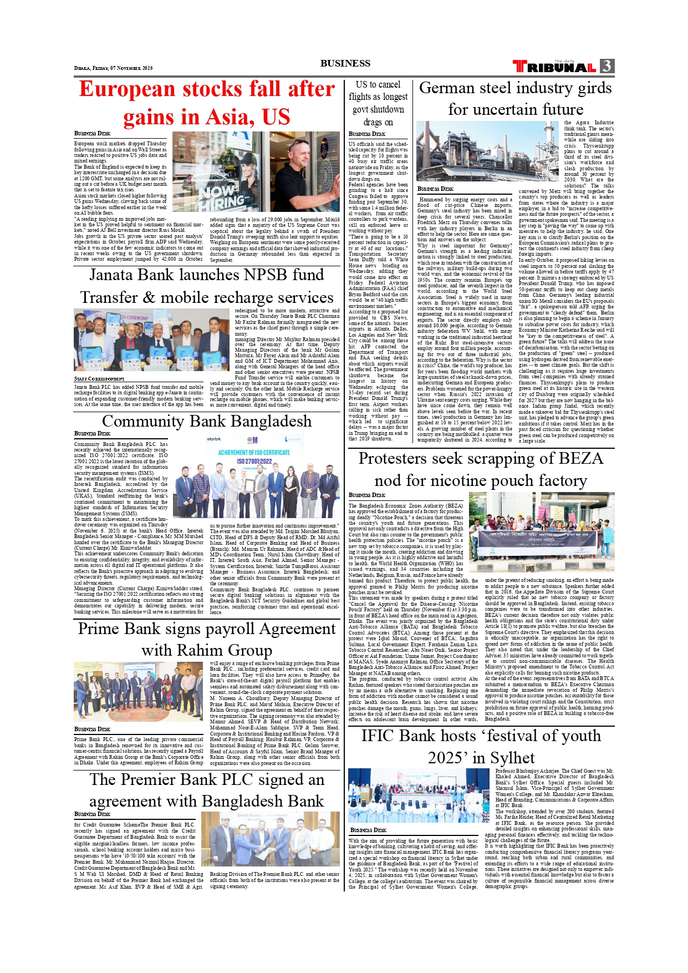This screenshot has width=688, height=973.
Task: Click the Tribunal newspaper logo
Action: pyautogui.click(x=554, y=67)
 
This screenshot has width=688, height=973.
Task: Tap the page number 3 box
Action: pyautogui.click(x=607, y=66)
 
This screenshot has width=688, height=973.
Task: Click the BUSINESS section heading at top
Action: pyautogui.click(x=345, y=63)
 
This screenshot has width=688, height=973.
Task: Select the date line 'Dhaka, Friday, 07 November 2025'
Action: pyautogui.click(x=113, y=68)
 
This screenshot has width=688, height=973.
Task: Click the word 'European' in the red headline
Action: pyautogui.click(x=127, y=89)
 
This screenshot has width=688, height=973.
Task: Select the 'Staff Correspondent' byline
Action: pyautogui.click(x=99, y=379)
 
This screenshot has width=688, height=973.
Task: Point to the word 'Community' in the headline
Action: pyautogui.click(x=142, y=422)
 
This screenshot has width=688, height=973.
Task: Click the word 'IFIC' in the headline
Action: pyautogui.click(x=379, y=736)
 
